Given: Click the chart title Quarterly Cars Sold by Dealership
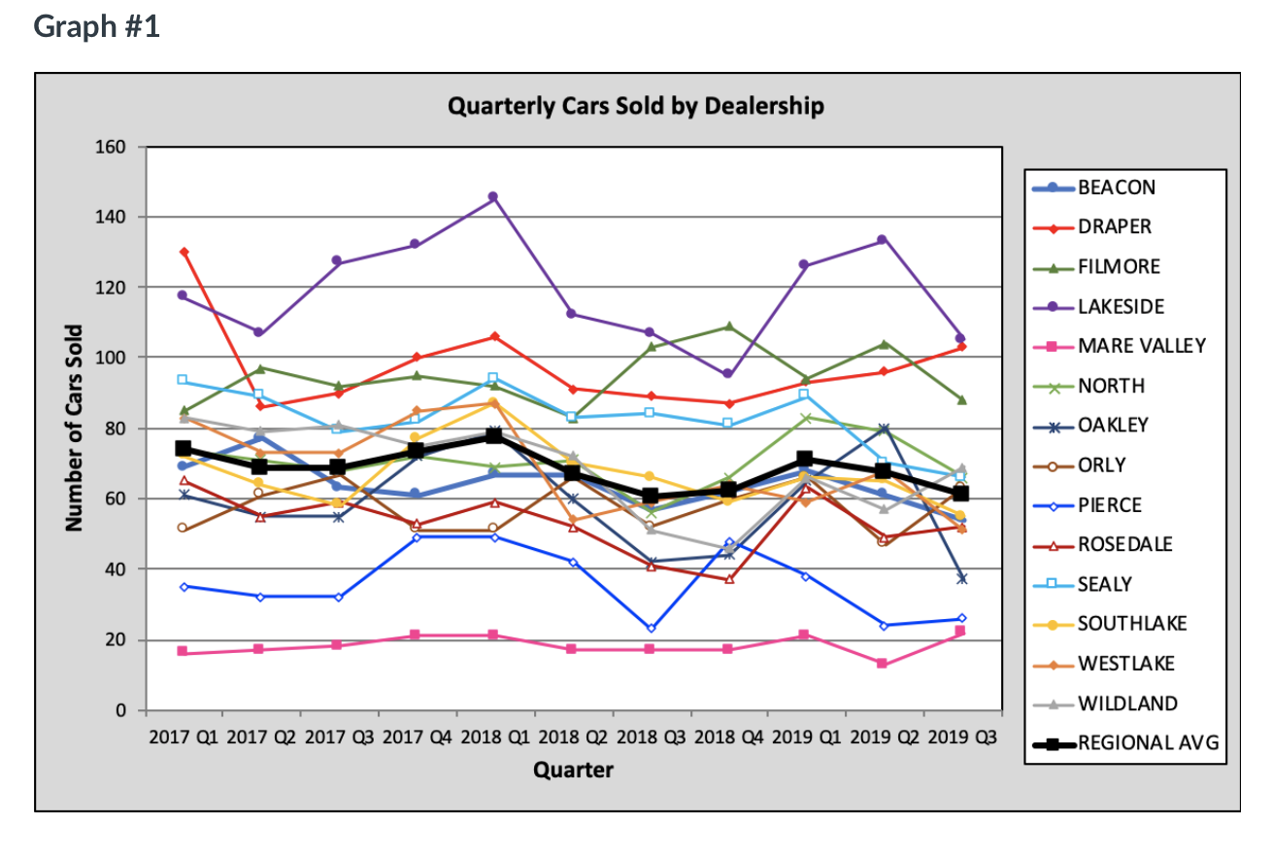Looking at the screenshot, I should (635, 106).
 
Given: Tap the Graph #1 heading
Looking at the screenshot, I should (96, 26).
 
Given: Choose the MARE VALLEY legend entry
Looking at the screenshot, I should (1128, 346).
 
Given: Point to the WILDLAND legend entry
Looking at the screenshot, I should (1126, 704).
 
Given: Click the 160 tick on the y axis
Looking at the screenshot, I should (110, 147).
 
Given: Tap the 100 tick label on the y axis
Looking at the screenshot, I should (110, 358).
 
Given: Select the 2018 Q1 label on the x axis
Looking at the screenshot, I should (495, 737).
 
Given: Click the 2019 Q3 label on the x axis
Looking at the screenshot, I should (960, 737).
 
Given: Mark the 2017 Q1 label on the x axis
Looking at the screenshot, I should (184, 737).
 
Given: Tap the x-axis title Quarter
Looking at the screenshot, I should (573, 771).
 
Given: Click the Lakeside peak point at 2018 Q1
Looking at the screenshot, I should (493, 196).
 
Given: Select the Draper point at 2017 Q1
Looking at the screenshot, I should (184, 252).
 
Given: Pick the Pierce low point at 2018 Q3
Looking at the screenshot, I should (650, 629).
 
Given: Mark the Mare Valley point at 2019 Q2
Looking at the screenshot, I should (882, 664).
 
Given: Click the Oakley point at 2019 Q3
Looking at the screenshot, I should (961, 578).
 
